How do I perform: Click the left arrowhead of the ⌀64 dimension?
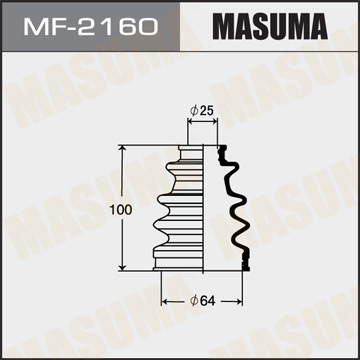pyautogui.click(x=164, y=298)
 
